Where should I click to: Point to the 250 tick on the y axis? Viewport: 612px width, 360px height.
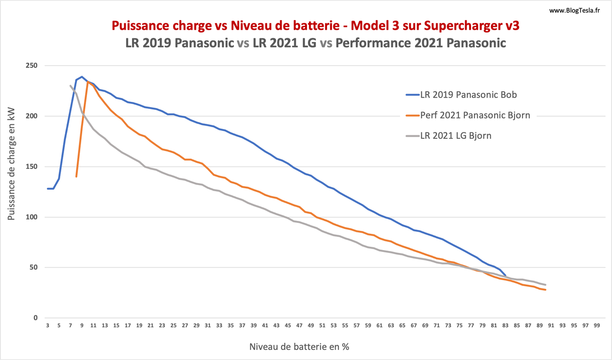32,66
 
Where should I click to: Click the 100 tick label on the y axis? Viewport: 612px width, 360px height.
32,217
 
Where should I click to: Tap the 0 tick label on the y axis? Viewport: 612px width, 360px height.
34,318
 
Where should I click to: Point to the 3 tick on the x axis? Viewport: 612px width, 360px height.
48,326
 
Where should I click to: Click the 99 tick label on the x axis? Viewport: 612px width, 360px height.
597,326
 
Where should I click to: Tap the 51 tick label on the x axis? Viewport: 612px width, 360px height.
322,326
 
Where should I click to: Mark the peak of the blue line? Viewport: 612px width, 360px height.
82,76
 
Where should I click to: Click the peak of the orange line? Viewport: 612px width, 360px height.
88,82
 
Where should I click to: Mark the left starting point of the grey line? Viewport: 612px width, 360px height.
70,86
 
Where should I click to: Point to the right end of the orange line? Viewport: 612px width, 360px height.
546,290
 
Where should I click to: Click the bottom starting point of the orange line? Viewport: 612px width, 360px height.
76,177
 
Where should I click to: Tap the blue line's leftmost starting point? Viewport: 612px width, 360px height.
48,189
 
